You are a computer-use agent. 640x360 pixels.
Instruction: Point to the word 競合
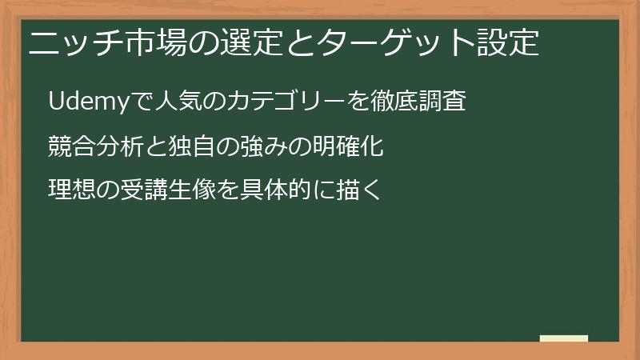(x=70, y=147)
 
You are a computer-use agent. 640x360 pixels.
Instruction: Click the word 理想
(x=70, y=190)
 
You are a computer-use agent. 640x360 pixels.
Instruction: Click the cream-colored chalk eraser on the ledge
(x=564, y=338)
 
